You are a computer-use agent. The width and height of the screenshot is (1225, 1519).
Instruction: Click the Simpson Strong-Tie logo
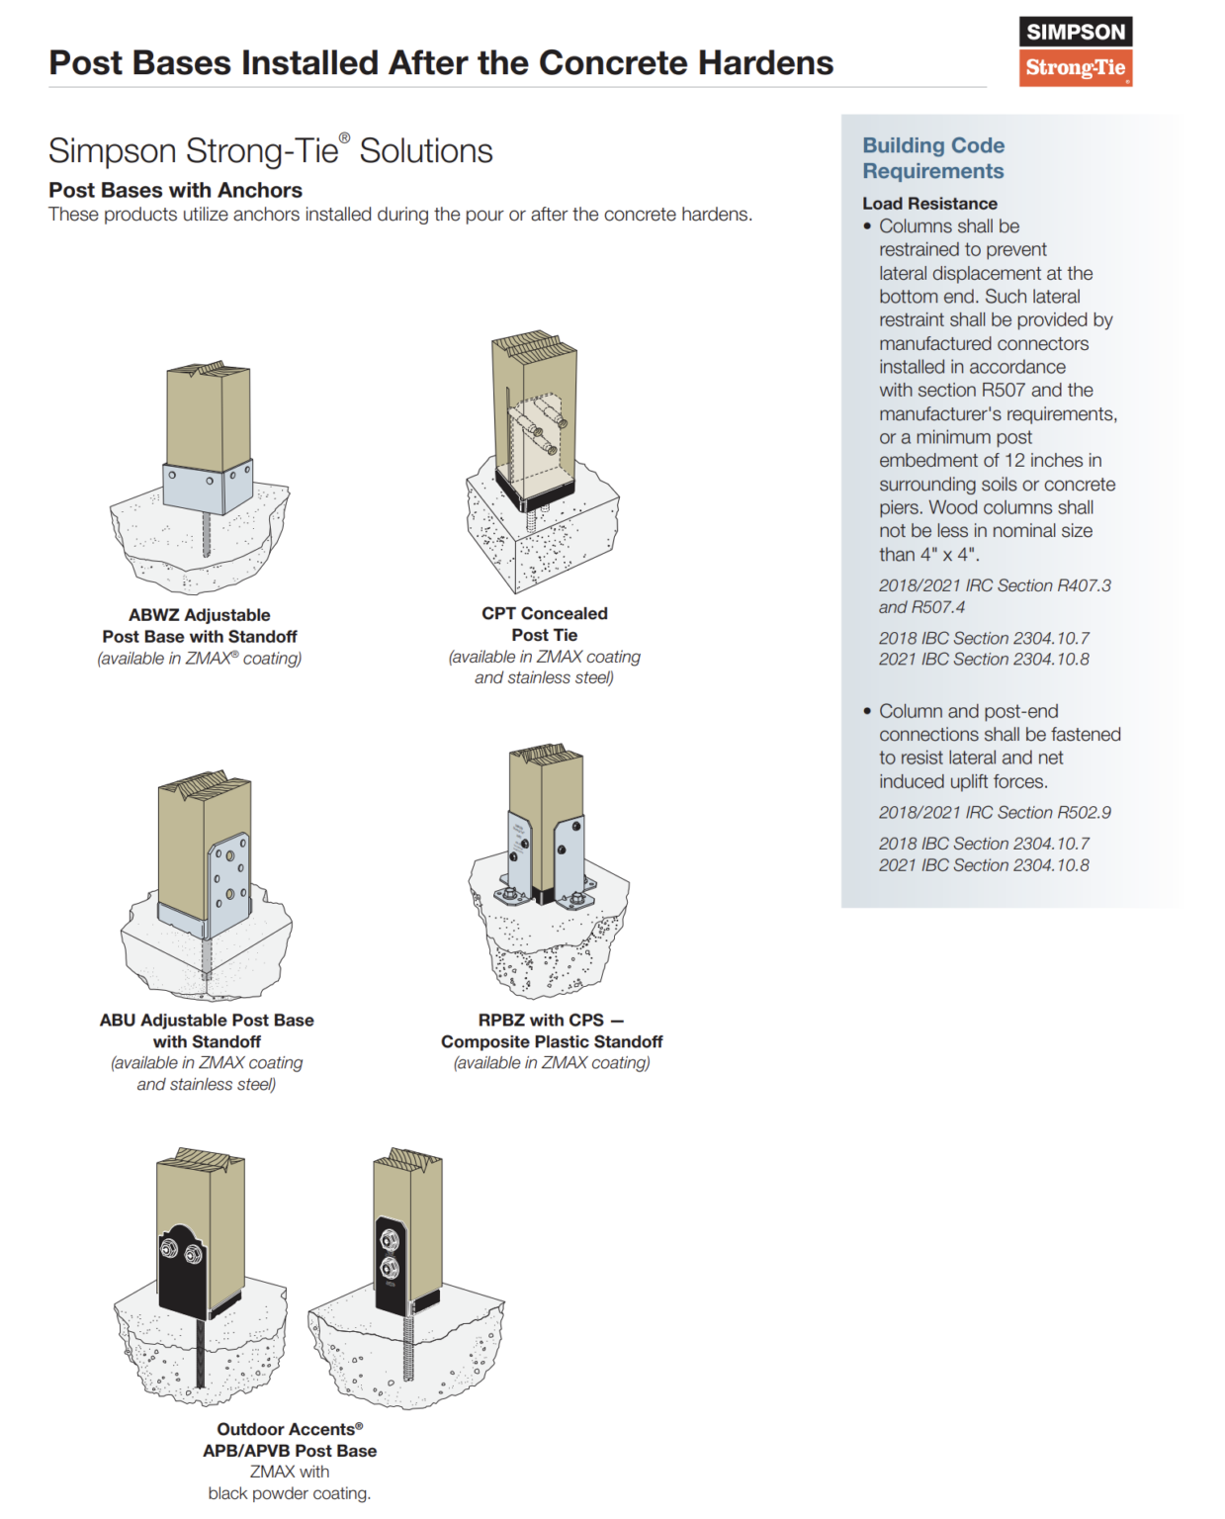tap(1075, 51)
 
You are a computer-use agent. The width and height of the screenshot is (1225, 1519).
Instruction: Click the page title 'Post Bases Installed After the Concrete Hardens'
tap(441, 63)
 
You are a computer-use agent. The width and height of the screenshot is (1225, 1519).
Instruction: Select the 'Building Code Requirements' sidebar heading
tap(932, 158)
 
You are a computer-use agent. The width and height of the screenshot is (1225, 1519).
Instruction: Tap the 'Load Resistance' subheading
tap(929, 204)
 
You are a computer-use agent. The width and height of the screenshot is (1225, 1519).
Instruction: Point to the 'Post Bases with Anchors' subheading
tap(175, 190)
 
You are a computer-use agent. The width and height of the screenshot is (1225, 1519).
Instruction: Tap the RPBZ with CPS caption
tap(552, 1030)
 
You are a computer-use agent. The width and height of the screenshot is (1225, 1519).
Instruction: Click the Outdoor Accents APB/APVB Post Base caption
tap(290, 1440)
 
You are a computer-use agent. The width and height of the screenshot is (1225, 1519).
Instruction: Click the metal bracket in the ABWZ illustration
tap(208, 487)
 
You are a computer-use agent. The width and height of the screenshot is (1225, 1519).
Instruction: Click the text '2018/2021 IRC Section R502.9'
tap(995, 813)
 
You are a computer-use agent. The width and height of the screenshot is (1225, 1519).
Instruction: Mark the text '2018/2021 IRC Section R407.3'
tap(995, 586)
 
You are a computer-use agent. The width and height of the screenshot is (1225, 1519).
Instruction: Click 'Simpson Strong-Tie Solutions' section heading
tap(270, 151)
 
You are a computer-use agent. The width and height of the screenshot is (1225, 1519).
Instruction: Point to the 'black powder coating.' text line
tap(289, 1493)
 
